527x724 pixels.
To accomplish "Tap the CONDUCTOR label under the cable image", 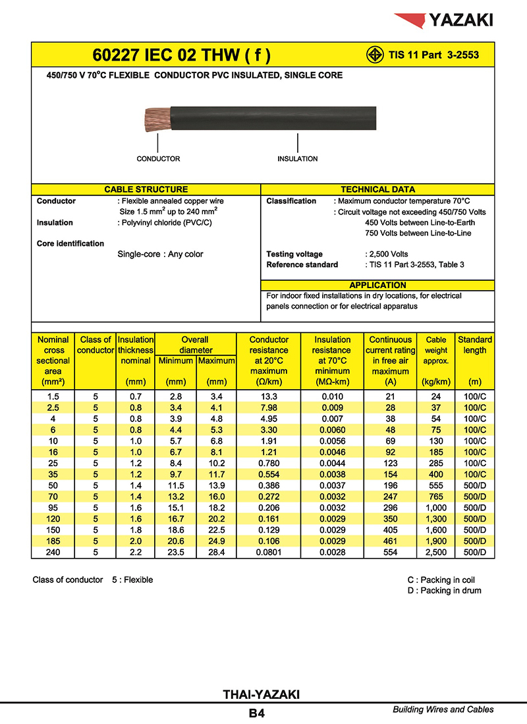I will tap(158, 159).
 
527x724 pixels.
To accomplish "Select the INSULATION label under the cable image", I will tap(298, 159).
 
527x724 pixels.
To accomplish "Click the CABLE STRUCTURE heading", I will tap(146, 189).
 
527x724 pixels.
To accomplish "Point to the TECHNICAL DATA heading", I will tap(377, 189).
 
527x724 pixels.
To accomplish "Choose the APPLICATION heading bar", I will tap(377, 285).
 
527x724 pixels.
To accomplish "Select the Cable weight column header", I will tap(436, 361).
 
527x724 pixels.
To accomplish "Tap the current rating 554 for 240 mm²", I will tap(391, 553).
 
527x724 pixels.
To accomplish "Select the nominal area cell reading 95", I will tap(53, 508).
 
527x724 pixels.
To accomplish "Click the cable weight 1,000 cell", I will tap(436, 508).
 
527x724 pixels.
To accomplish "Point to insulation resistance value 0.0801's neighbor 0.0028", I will tap(332, 553).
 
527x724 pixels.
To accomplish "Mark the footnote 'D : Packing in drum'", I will tap(444, 591).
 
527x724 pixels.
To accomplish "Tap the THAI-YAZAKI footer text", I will tap(262, 694).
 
